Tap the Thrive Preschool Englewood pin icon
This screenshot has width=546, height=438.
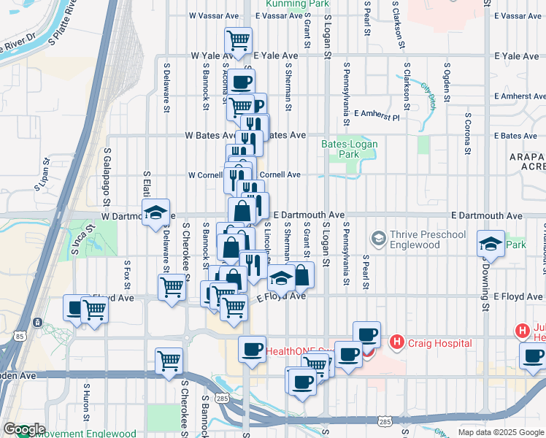pyautogui.click(x=379, y=239)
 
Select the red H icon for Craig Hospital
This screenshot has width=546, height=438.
pyautogui.click(x=397, y=341)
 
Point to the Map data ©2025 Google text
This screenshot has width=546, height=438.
pyautogui.click(x=501, y=432)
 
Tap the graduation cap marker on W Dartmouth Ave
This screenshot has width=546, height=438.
pyautogui.click(x=155, y=213)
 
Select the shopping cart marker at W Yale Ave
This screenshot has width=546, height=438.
pyautogui.click(x=238, y=41)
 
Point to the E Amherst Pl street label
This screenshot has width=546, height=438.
pyautogui.click(x=377, y=115)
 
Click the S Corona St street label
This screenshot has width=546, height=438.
pyautogui.click(x=465, y=134)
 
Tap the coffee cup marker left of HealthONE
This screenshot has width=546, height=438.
pyautogui.click(x=252, y=349)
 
